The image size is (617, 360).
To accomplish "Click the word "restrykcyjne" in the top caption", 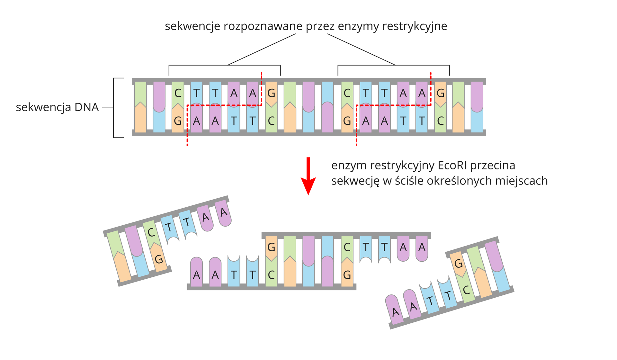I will tap(415, 26).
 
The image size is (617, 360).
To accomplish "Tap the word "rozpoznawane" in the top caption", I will tap(263, 26).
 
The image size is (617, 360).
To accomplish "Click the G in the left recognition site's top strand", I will tap(271, 93).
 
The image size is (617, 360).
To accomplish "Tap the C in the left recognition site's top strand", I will tap(178, 93).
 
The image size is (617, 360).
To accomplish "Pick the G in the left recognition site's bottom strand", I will tap(178, 121).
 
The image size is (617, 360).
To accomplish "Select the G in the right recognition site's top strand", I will tap(440, 93).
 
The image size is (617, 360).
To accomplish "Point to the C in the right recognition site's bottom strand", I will tap(440, 121).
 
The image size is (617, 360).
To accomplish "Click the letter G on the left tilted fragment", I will tap(159, 259).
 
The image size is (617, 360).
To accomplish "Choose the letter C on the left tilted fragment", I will tap(151, 232).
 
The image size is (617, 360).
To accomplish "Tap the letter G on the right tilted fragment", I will tap(458, 264).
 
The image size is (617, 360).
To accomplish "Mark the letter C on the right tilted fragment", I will tap(467, 290).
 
